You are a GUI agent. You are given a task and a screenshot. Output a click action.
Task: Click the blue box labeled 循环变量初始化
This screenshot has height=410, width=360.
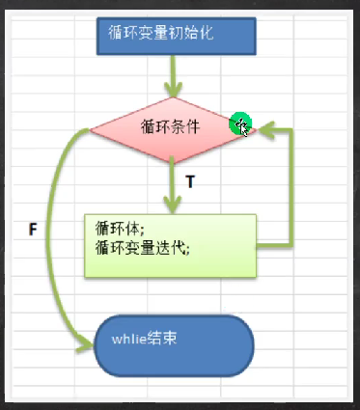(x=175, y=35)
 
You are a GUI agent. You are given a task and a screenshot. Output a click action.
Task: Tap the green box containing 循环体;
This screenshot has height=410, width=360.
(x=170, y=246)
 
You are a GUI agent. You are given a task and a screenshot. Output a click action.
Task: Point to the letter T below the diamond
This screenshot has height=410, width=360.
(x=190, y=181)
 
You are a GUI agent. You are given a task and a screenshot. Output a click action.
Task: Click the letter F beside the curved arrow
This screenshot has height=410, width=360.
(x=34, y=232)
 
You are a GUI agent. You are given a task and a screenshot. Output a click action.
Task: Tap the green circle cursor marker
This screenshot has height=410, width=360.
(x=240, y=124)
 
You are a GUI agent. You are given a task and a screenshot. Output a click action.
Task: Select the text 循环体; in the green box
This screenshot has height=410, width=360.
(x=121, y=231)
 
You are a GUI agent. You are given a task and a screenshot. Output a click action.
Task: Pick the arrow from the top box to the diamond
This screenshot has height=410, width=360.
(x=174, y=77)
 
